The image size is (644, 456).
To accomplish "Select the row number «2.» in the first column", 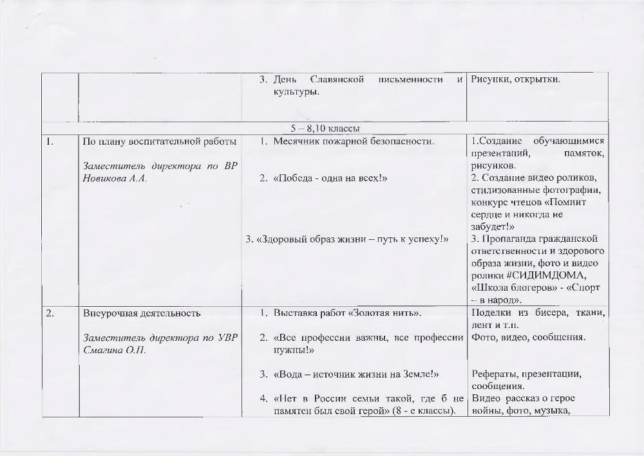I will [50, 314].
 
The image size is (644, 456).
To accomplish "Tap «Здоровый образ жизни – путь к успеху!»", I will [352, 240].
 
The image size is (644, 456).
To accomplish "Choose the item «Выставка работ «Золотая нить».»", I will [347, 314].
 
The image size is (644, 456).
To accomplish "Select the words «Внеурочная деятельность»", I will [142, 314].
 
